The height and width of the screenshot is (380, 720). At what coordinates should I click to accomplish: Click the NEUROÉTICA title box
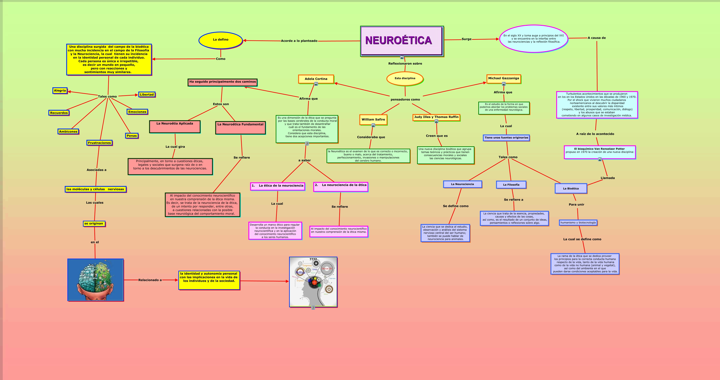pyautogui.click(x=401, y=41)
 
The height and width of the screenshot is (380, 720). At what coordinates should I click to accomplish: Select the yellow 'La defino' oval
pyautogui.click(x=220, y=40)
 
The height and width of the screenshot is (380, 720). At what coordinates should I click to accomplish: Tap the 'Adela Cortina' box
pyautogui.click(x=316, y=79)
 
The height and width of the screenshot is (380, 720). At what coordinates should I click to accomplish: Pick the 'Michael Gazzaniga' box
pyautogui.click(x=503, y=78)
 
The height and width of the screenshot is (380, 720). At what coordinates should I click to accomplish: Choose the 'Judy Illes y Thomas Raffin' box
pyautogui.click(x=436, y=117)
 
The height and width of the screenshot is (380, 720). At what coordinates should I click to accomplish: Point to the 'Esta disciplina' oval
pyautogui.click(x=405, y=78)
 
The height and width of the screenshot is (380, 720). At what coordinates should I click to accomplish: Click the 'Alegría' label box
pyautogui.click(x=60, y=91)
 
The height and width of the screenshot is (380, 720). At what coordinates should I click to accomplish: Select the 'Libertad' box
pyautogui.click(x=147, y=94)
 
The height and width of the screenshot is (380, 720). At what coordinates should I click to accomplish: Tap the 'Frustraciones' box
pyautogui.click(x=99, y=143)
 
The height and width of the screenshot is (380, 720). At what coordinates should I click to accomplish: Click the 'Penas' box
pyautogui.click(x=132, y=136)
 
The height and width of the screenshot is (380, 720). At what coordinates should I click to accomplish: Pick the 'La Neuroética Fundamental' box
pyautogui.click(x=240, y=128)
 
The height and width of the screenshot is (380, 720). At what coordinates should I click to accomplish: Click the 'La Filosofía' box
pyautogui.click(x=511, y=185)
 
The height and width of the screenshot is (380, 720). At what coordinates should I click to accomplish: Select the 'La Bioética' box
pyautogui.click(x=571, y=188)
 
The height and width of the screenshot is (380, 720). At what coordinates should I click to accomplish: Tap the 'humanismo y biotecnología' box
pyautogui.click(x=578, y=223)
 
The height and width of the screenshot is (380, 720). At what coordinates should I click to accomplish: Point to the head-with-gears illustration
pyautogui.click(x=313, y=282)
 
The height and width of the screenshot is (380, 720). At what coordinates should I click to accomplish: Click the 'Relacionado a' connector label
pyautogui.click(x=150, y=280)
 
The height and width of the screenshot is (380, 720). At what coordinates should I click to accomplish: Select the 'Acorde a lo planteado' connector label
pyautogui.click(x=299, y=41)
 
